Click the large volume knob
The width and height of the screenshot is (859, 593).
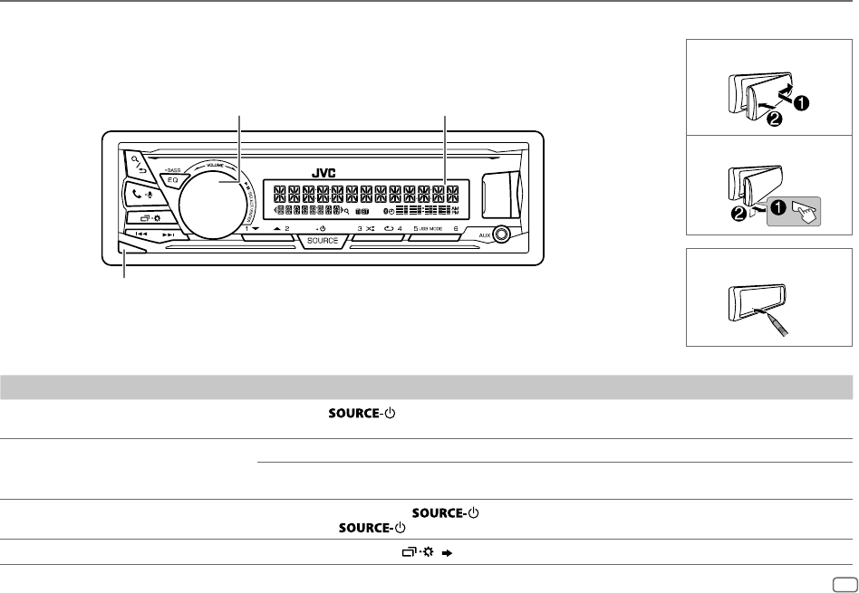(210, 202)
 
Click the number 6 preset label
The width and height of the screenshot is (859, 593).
(456, 228)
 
